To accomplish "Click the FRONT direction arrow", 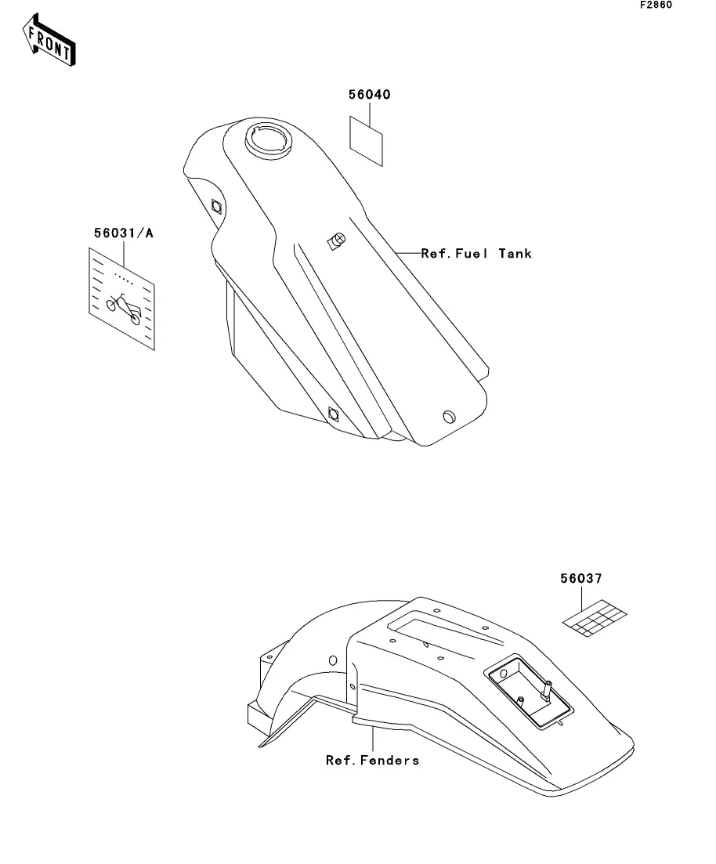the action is coord(49,41).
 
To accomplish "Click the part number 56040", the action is coord(369,95).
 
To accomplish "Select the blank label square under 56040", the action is coord(366,140).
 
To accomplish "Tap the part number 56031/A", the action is coord(124,233).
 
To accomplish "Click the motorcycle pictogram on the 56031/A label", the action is coord(124,309).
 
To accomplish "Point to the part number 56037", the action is coord(581,579).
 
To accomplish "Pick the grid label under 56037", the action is coord(595,618).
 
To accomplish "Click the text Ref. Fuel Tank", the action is coord(476,254).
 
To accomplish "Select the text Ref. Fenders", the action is coord(373,761).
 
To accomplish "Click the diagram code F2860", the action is coord(656,5).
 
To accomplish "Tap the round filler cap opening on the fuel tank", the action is coord(269,139).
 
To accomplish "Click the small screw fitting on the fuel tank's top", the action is coord(336,240).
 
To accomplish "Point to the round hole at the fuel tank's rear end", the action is coord(449,418).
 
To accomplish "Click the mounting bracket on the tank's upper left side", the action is coord(217,207).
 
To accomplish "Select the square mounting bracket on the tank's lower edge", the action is coord(333,414).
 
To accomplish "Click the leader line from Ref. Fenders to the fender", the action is coord(373,739).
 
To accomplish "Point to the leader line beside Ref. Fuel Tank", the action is coord(408,253).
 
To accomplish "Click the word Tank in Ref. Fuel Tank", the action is coord(515,254).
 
